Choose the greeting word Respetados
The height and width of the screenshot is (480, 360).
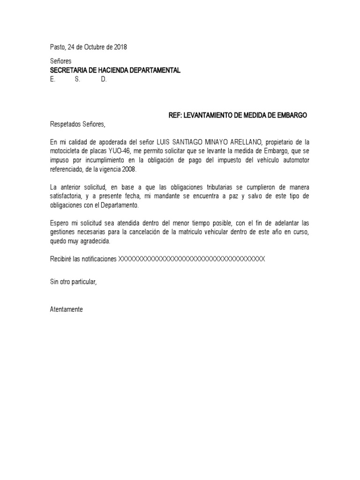tap(65, 124)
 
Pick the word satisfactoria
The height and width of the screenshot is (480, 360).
tap(67, 195)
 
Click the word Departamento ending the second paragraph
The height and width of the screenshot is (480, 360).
tap(129, 204)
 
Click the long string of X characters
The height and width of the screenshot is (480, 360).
tap(192, 259)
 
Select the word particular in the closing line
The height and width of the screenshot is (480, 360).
tap(83, 282)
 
